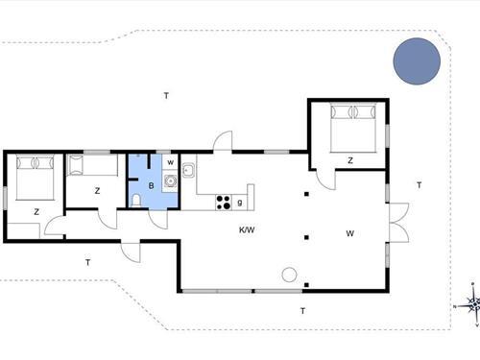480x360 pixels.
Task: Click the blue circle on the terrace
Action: [417, 61]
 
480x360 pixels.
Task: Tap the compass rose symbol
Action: [471, 304]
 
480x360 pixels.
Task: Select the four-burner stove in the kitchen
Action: [224, 203]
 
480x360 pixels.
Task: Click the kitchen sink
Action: [188, 170]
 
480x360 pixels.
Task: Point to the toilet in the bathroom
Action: [136, 201]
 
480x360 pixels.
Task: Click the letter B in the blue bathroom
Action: [151, 185]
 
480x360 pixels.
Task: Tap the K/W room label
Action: [247, 229]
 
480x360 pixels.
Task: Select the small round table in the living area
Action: [289, 275]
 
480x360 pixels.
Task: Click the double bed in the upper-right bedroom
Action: [353, 128]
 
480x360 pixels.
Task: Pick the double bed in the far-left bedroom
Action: [35, 178]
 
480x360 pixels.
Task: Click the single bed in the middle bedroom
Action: [92, 165]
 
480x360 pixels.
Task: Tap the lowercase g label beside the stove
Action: [240, 203]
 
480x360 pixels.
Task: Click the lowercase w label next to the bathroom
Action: [171, 162]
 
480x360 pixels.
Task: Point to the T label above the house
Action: [166, 95]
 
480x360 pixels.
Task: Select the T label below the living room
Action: [302, 311]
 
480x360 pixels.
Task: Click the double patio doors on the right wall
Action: [398, 223]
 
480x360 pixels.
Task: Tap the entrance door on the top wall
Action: [223, 140]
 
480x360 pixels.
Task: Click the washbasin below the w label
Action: [170, 181]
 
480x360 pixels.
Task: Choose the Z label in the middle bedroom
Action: [97, 191]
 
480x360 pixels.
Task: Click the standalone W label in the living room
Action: [349, 233]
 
